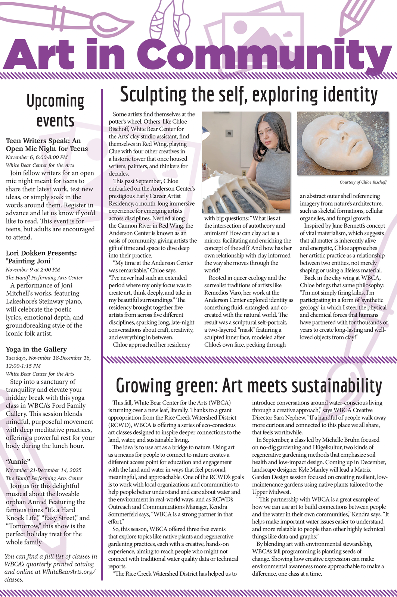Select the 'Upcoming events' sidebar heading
55,110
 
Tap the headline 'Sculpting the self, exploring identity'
248,95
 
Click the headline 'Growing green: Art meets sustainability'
248,385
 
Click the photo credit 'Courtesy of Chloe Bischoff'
363,182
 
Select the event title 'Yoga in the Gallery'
36,350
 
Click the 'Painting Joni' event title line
30,261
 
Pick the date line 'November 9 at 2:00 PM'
33,269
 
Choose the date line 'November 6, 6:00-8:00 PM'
37,157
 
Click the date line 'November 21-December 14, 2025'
44,470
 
